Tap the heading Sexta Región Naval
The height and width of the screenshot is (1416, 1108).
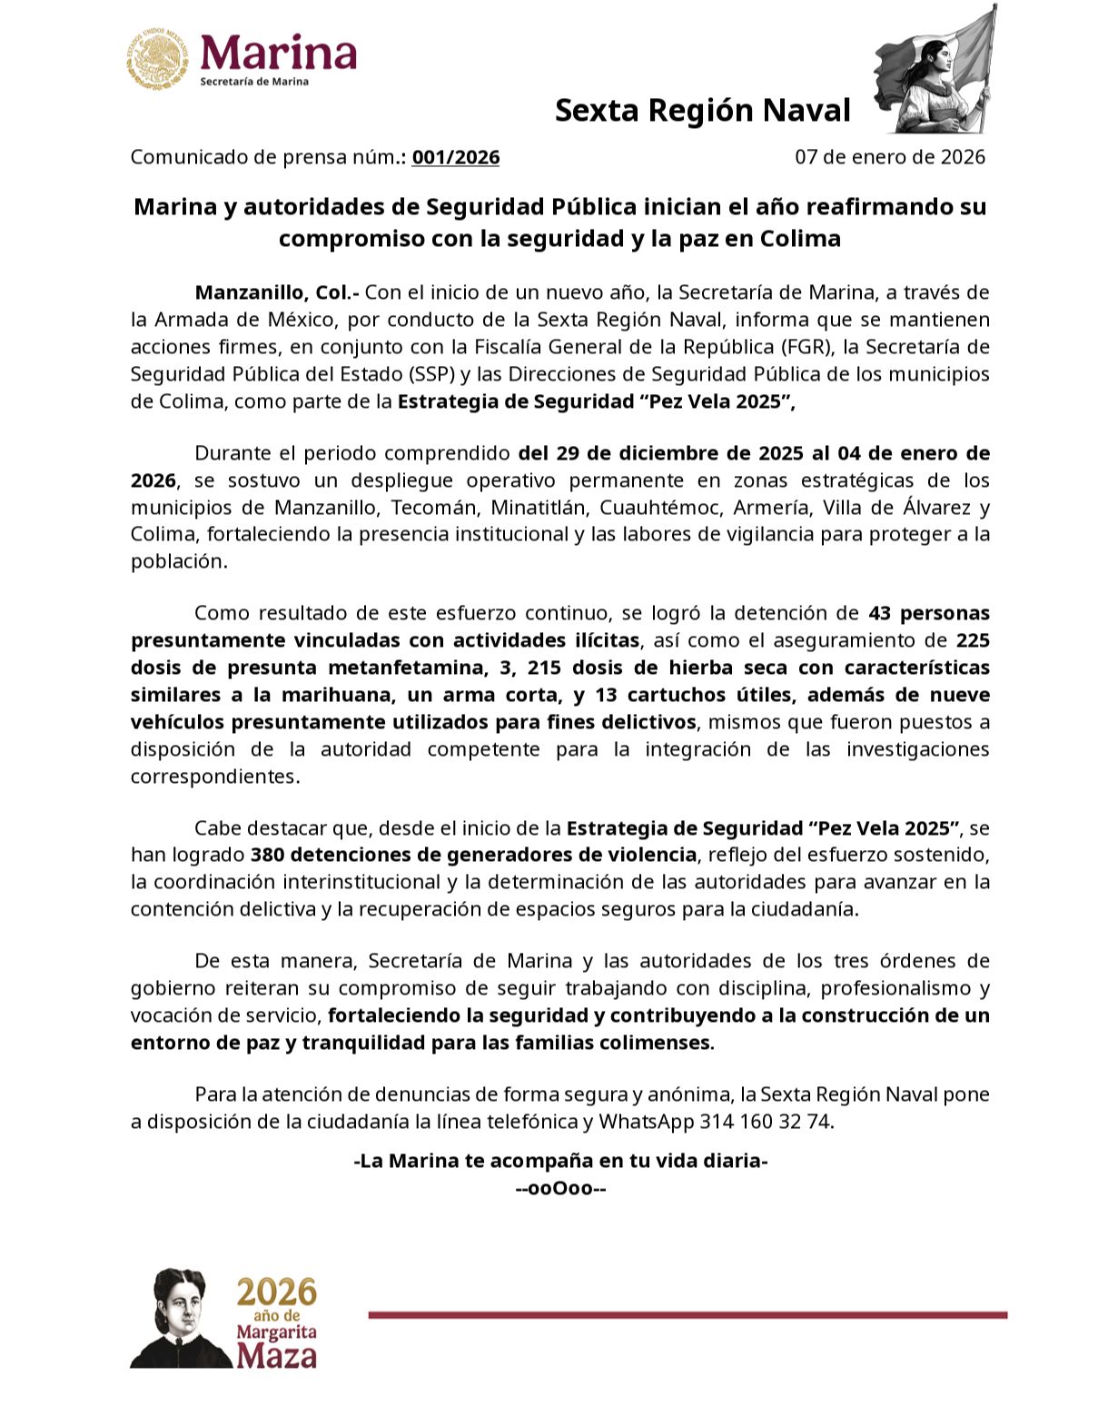tap(702, 110)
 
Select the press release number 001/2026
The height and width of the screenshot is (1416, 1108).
tap(456, 157)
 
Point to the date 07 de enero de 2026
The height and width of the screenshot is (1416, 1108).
tap(889, 157)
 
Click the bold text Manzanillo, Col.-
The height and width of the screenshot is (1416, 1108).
tap(277, 292)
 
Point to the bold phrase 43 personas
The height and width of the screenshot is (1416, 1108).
tap(928, 613)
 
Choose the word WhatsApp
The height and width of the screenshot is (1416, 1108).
tap(645, 1121)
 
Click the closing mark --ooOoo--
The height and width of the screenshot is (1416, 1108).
tap(560, 1188)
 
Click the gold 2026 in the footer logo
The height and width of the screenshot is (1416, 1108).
tap(277, 1291)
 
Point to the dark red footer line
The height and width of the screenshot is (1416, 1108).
tap(688, 1314)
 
